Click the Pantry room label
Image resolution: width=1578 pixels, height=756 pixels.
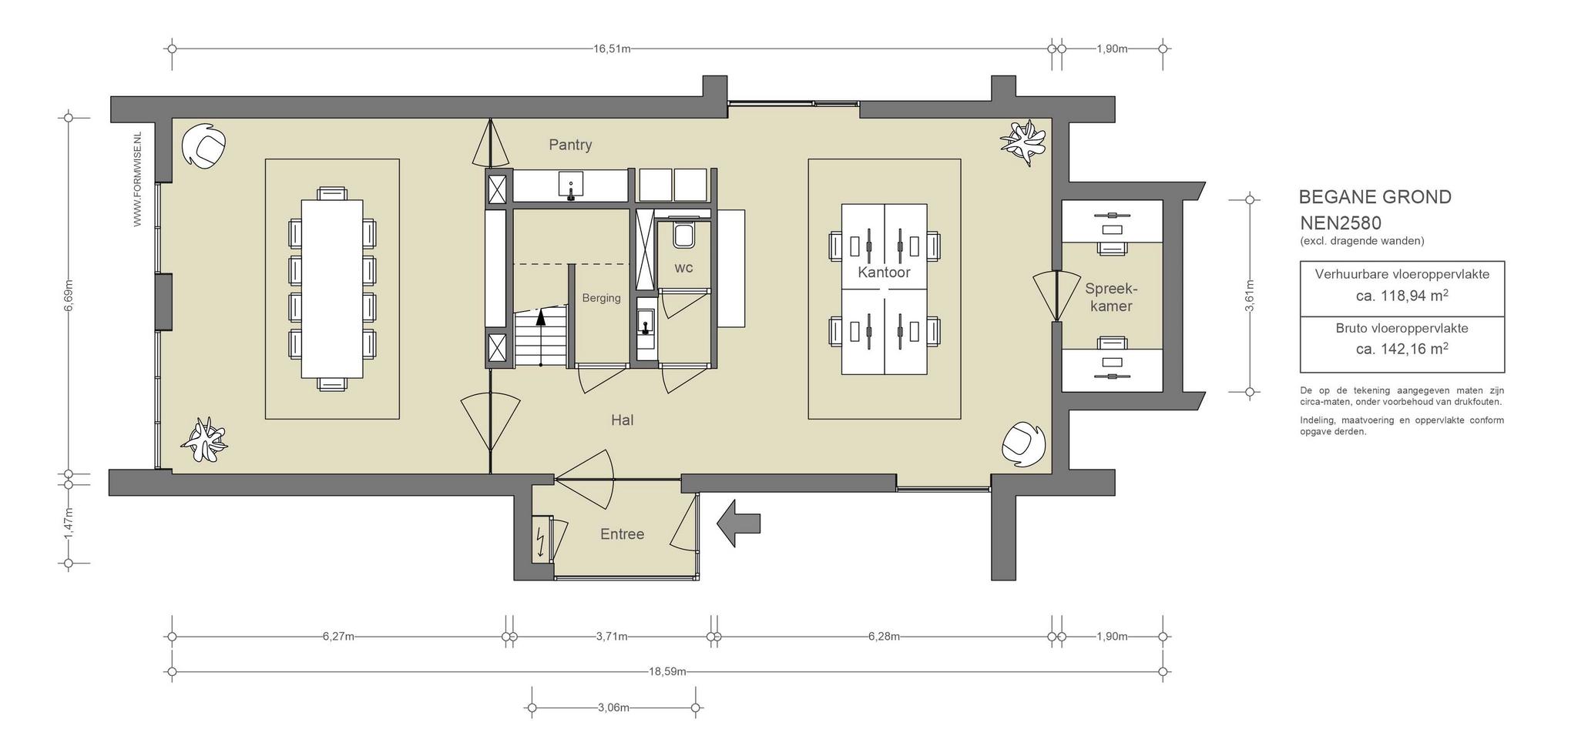pyautogui.click(x=570, y=145)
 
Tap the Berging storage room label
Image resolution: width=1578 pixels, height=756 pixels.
pyautogui.click(x=601, y=298)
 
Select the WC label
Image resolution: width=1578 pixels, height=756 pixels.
pyautogui.click(x=683, y=268)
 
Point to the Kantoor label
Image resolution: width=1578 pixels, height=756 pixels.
pyautogui.click(x=884, y=273)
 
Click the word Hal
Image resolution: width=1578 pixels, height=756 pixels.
pyautogui.click(x=622, y=420)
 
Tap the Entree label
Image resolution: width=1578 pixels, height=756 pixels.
pyautogui.click(x=622, y=534)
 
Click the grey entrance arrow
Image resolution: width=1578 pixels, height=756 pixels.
pyautogui.click(x=738, y=524)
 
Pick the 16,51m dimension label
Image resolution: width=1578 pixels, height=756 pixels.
pyautogui.click(x=612, y=49)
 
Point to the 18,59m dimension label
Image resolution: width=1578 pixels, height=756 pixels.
pyautogui.click(x=667, y=671)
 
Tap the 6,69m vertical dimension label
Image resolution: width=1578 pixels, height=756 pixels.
pyautogui.click(x=69, y=296)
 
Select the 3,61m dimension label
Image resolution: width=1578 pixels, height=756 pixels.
pyautogui.click(x=1250, y=296)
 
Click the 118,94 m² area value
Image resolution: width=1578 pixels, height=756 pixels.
pyautogui.click(x=1402, y=296)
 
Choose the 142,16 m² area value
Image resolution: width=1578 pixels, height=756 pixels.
pyautogui.click(x=1402, y=349)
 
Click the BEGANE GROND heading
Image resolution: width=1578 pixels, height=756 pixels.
pyautogui.click(x=1375, y=197)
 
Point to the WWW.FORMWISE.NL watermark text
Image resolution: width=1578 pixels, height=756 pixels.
pyautogui.click(x=138, y=179)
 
